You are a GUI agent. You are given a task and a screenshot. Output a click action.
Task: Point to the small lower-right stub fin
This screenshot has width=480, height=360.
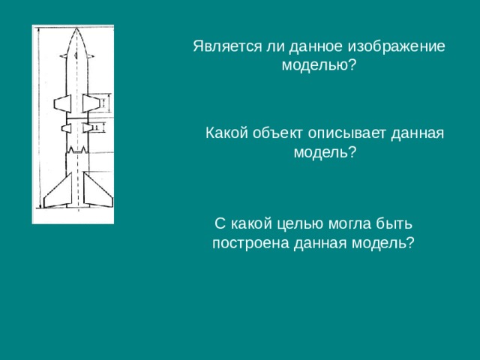[x=88, y=129]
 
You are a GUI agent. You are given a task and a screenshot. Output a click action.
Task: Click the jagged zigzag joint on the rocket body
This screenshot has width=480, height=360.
[x=76, y=151]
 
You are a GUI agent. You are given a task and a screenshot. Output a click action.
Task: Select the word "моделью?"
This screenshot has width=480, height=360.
[x=319, y=65]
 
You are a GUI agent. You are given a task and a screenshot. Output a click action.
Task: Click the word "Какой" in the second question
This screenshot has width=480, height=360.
[x=226, y=133]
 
